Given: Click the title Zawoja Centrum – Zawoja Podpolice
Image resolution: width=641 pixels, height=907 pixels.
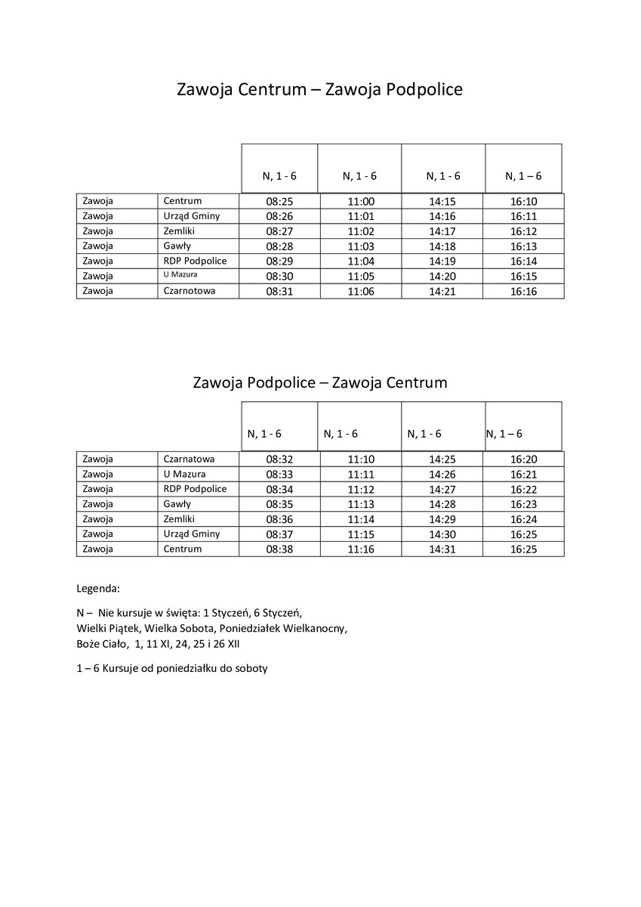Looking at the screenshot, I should coord(319,90).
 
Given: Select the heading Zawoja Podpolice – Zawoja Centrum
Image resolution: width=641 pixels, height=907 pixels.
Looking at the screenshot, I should coord(320,382).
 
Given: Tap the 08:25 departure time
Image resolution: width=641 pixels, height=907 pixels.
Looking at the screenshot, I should coord(279,202).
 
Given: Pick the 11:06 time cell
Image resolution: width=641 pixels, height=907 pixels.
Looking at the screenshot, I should coord(361,292).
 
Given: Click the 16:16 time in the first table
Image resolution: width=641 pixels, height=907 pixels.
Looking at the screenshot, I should coord(523,292).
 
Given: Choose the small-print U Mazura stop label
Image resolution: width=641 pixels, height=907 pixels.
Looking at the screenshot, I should coord(180,275).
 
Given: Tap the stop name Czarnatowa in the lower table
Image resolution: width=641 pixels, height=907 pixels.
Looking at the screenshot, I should coord(190,459).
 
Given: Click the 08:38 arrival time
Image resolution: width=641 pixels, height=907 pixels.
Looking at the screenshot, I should coord(279,549).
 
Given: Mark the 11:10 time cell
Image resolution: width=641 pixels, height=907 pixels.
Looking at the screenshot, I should coord(361,460).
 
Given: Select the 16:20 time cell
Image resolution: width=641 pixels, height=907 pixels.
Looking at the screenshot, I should coord(523,460).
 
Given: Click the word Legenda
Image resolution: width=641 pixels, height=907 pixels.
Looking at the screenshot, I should coord(98,588).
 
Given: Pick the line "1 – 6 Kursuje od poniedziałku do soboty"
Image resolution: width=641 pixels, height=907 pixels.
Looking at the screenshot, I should coord(172,669).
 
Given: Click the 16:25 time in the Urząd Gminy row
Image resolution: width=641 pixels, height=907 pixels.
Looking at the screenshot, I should coord(523,534).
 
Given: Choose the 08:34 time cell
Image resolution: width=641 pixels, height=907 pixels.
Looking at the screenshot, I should coord(279,489).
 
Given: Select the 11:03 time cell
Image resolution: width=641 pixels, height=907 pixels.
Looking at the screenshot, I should coord(361,246).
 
